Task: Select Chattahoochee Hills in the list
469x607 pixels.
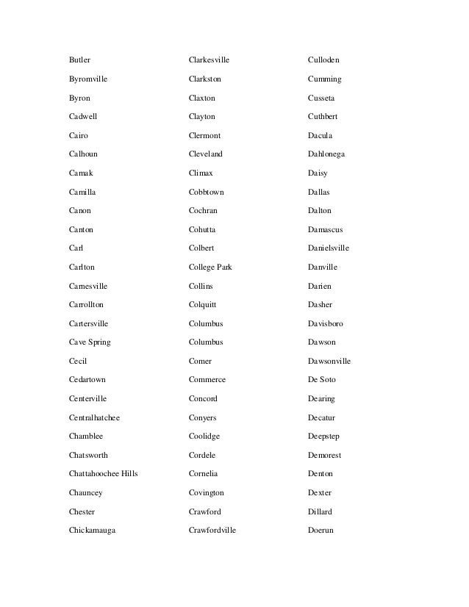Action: [103, 474]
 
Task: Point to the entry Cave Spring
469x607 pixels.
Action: [90, 342]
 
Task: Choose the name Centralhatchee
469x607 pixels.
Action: [94, 417]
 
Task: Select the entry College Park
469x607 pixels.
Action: [210, 267]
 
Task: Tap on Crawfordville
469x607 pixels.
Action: [212, 531]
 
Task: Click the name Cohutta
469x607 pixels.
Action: [202, 230]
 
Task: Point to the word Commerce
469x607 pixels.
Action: [207, 380]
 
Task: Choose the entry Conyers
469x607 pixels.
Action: [202, 417]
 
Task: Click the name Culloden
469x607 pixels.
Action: [323, 60]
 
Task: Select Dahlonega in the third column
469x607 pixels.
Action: [326, 154]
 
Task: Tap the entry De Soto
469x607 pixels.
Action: [322, 380]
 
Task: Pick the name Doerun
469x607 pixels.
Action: [321, 531]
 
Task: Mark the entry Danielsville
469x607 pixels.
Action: [329, 248]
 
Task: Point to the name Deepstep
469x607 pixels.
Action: [324, 437]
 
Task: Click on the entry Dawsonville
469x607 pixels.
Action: [329, 362]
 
